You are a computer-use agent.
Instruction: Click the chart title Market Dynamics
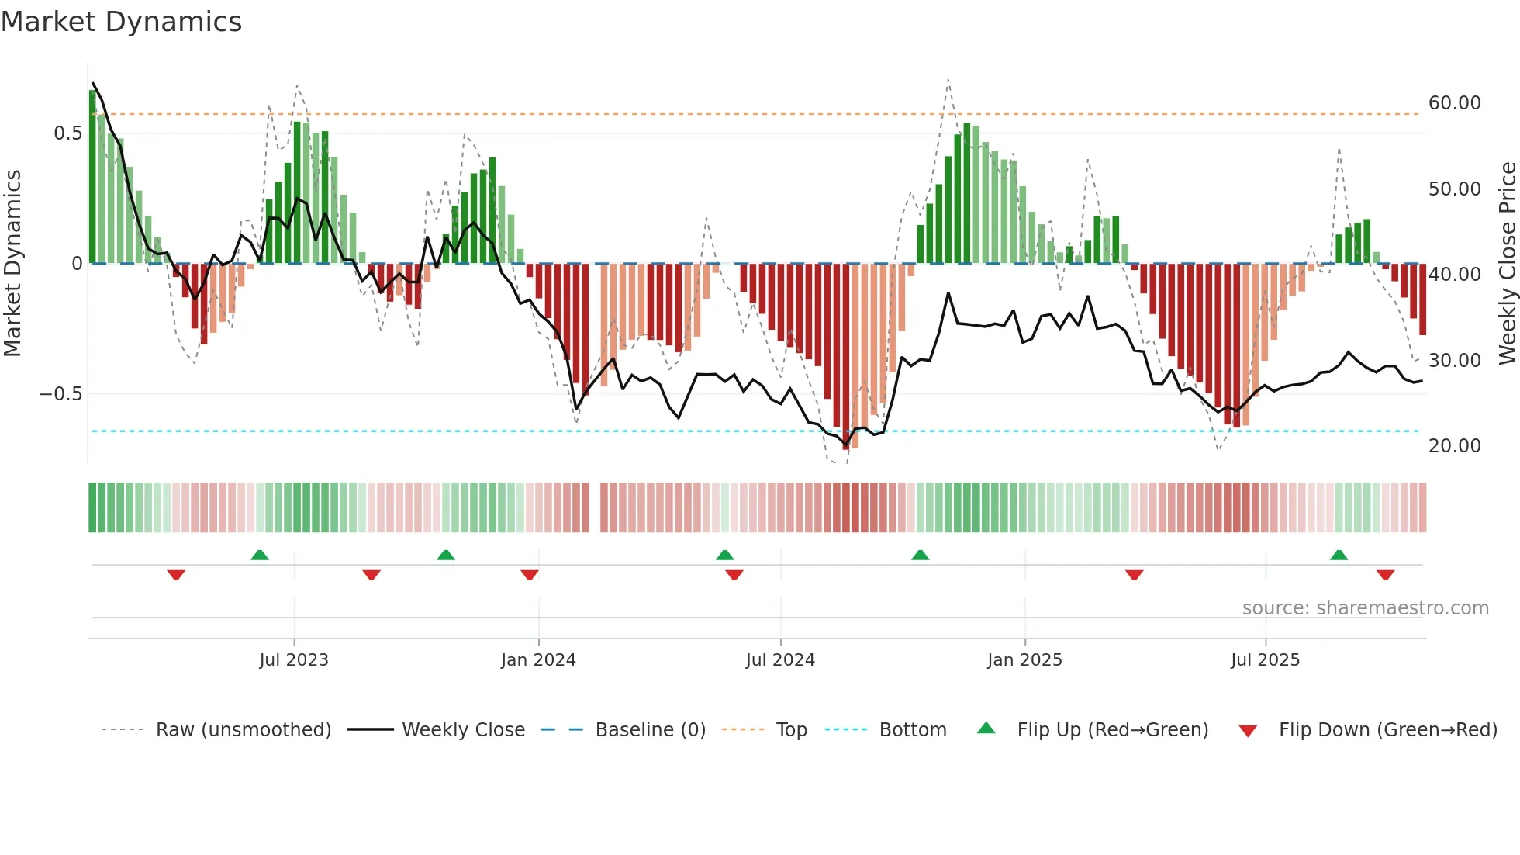tap(121, 22)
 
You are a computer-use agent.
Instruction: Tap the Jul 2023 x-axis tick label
tap(294, 660)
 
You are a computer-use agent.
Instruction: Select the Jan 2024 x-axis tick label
tap(538, 660)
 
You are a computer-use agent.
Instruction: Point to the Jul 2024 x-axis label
tap(780, 660)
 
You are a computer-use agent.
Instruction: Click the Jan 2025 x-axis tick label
tap(1024, 660)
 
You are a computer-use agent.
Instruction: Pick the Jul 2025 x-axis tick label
tap(1265, 660)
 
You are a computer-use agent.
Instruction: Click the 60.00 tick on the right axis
tap(1454, 103)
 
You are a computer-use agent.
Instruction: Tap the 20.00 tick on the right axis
tap(1454, 446)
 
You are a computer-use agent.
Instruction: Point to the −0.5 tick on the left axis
tap(61, 394)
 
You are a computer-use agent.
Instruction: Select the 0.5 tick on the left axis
tap(67, 133)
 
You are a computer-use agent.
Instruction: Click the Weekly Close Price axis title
tap(1507, 264)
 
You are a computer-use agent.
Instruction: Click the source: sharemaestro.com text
tap(1365, 608)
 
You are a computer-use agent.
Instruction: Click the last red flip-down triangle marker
tap(1386, 575)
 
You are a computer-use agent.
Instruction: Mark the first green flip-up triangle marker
tap(260, 556)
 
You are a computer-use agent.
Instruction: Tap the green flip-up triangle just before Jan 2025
tap(920, 556)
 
